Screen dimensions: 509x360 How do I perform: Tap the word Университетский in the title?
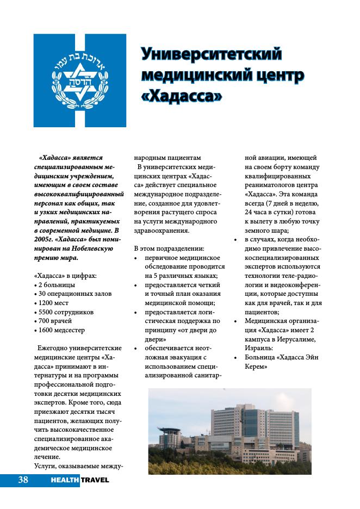212,54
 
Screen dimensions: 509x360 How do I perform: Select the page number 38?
23,480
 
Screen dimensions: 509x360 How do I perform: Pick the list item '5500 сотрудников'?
66,312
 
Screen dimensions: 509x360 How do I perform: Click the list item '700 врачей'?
57,321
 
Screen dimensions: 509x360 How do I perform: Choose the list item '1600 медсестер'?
61,330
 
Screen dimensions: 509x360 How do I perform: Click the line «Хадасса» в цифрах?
65,275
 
